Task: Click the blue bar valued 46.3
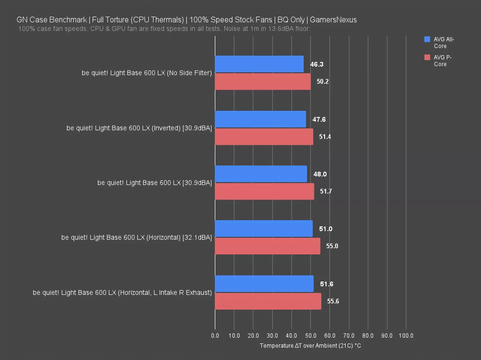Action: (259, 64)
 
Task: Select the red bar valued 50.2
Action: (263, 82)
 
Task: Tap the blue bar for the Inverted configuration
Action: (260, 119)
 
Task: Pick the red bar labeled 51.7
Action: (264, 192)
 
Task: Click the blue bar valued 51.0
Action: (263, 229)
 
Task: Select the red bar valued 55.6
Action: (268, 301)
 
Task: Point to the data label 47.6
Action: (319, 120)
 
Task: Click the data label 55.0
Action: (332, 246)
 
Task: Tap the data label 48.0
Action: (320, 174)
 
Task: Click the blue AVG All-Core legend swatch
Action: (427, 39)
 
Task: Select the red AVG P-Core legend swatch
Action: (427, 57)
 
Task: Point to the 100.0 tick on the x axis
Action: (406, 336)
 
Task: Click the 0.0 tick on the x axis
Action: (215, 336)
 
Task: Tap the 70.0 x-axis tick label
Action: (349, 336)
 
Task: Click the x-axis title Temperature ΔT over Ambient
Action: (310, 346)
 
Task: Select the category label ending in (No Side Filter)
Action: (146, 73)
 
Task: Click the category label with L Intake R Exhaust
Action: (122, 292)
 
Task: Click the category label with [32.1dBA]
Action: (136, 238)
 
